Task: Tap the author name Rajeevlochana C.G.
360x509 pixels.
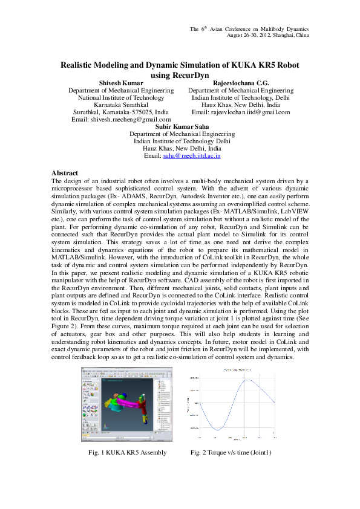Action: click(x=241, y=82)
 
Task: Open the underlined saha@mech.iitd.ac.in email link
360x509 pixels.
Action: click(x=192, y=155)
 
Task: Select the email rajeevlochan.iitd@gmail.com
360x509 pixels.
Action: click(x=241, y=112)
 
